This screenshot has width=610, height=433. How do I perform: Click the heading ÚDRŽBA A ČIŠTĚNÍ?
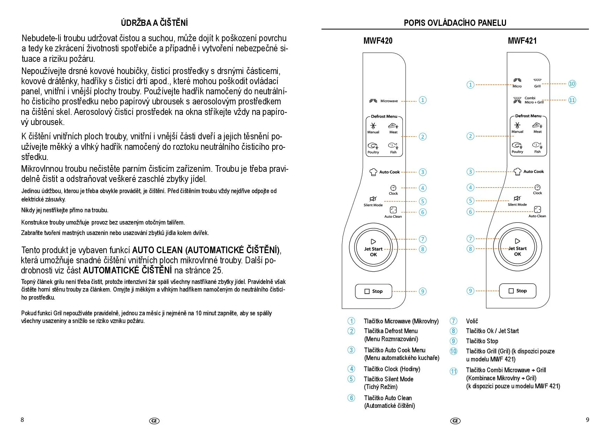coord(154,23)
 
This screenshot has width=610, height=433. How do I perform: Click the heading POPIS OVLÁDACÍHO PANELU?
coord(455,23)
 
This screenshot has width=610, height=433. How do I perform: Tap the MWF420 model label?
coord(378,41)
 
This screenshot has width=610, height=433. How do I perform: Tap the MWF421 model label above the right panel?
coord(522,41)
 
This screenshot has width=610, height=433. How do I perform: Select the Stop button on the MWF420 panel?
coord(373,291)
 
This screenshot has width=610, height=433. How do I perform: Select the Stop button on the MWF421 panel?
coord(518,291)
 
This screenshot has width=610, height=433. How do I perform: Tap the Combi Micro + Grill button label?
coord(534,100)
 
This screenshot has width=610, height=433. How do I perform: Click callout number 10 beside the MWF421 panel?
coord(572,84)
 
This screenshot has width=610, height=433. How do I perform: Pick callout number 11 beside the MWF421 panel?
coord(572,100)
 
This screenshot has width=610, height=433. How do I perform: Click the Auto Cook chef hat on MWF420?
coord(373,172)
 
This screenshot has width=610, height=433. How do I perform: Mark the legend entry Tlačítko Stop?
coord(482,341)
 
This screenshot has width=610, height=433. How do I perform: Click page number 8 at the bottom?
coord(22,420)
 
